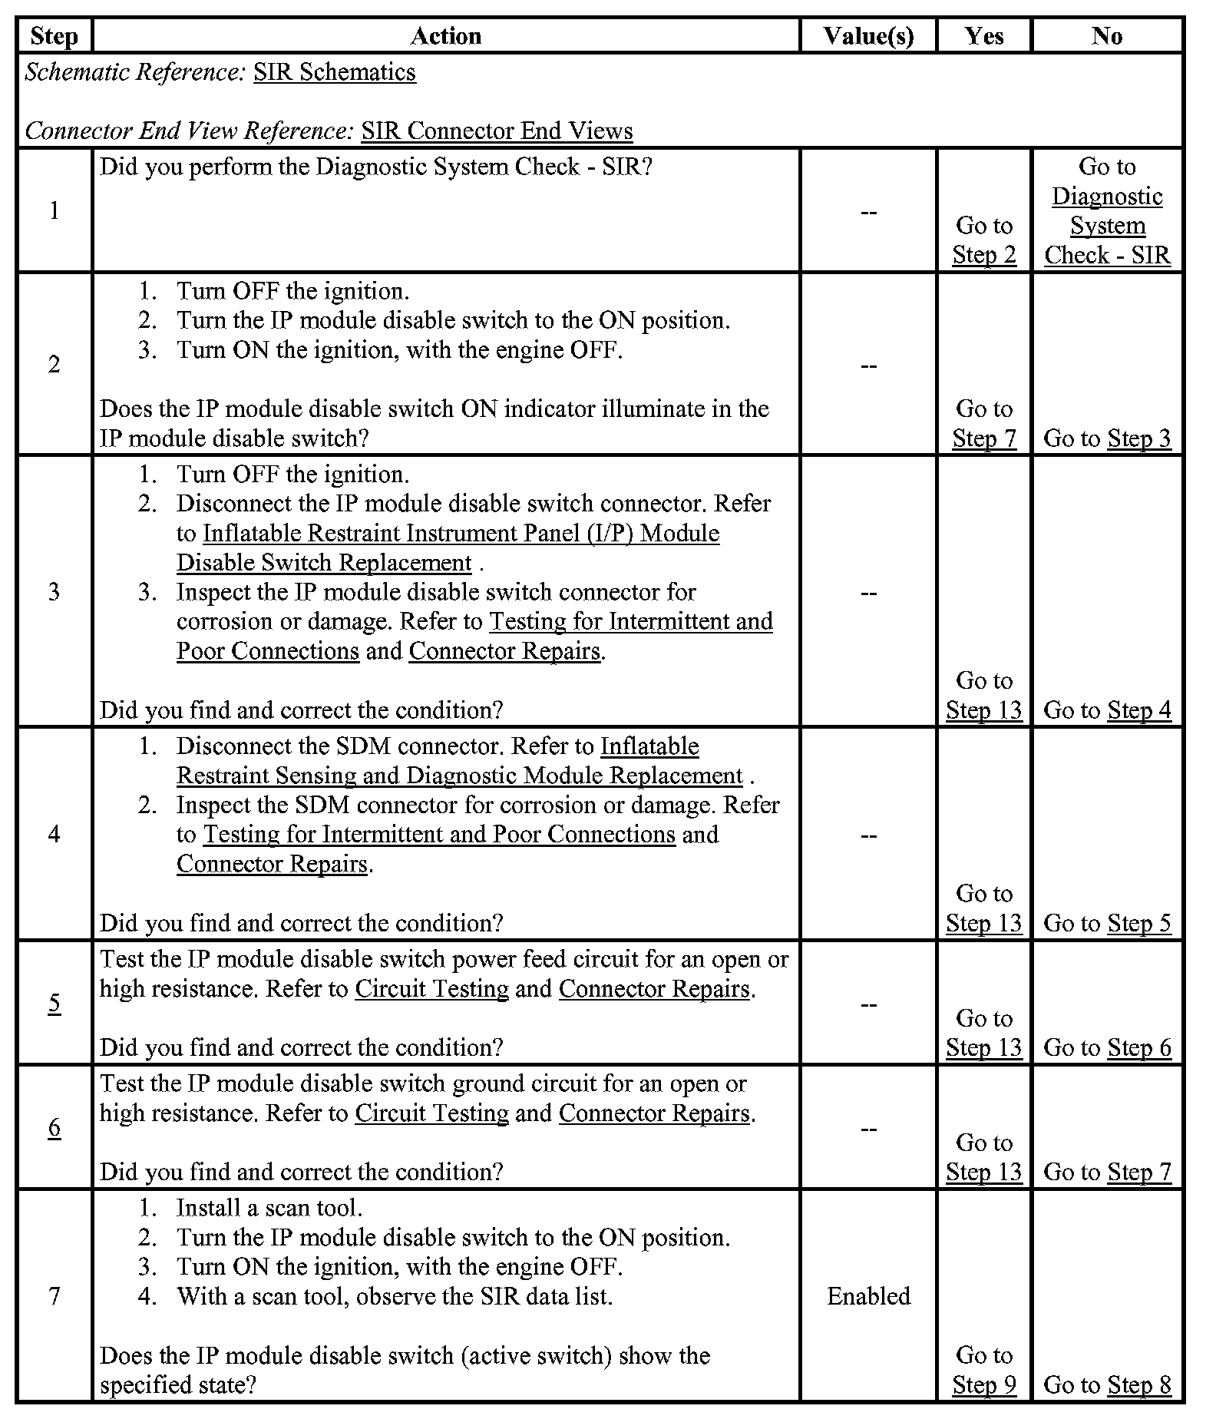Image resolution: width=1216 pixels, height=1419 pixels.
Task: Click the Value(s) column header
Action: tap(868, 36)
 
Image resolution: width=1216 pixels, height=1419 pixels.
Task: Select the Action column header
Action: tap(446, 36)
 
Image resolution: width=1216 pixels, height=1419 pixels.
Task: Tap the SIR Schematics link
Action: tap(335, 72)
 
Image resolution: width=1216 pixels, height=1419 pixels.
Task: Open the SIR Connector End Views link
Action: tap(497, 131)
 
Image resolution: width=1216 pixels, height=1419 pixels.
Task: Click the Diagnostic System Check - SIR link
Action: tap(1107, 226)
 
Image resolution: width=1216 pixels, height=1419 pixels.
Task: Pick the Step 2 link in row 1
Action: tap(984, 255)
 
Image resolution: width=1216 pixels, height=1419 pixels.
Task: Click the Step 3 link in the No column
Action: tap(1139, 438)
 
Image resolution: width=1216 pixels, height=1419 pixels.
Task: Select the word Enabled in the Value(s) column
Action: tap(868, 1296)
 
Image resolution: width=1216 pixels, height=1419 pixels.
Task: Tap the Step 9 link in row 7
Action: tap(984, 1385)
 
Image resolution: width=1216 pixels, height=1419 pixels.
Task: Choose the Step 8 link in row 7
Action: tap(1139, 1385)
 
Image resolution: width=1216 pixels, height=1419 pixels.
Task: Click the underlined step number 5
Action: tap(55, 1003)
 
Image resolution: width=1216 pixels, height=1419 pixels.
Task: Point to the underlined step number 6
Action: tap(55, 1127)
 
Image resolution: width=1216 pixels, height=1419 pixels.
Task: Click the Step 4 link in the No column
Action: tap(1139, 710)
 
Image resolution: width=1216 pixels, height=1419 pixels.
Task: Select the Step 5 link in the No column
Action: tap(1139, 923)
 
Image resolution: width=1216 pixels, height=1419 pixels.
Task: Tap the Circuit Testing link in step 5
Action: tap(431, 989)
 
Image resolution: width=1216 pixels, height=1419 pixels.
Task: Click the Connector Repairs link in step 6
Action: tap(654, 1113)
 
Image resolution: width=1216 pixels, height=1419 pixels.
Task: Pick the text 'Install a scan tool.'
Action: tap(269, 1208)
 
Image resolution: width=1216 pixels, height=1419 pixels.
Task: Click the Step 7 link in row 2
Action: tap(984, 438)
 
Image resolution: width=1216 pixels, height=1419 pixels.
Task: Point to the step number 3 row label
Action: tap(55, 592)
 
